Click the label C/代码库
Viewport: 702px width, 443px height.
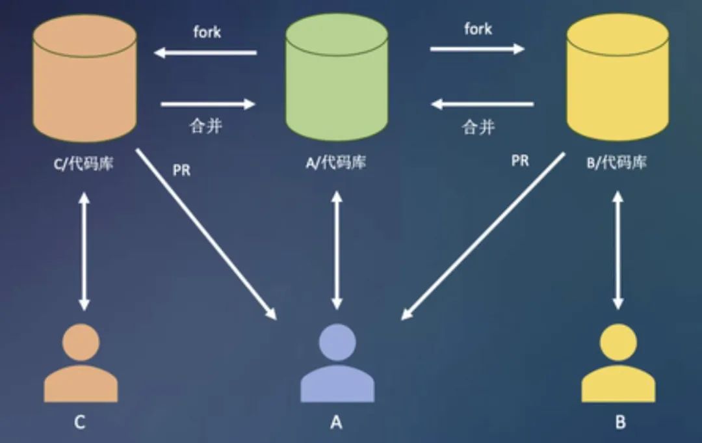point(83,163)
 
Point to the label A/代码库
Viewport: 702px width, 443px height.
point(335,162)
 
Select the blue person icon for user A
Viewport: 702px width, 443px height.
point(337,366)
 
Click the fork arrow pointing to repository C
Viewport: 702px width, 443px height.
point(205,53)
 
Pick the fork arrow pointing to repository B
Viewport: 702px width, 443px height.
point(477,49)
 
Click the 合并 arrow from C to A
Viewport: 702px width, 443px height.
point(208,103)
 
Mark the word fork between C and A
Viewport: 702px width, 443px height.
point(207,32)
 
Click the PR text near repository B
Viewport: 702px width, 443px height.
point(520,161)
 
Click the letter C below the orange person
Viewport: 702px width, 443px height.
point(79,423)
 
